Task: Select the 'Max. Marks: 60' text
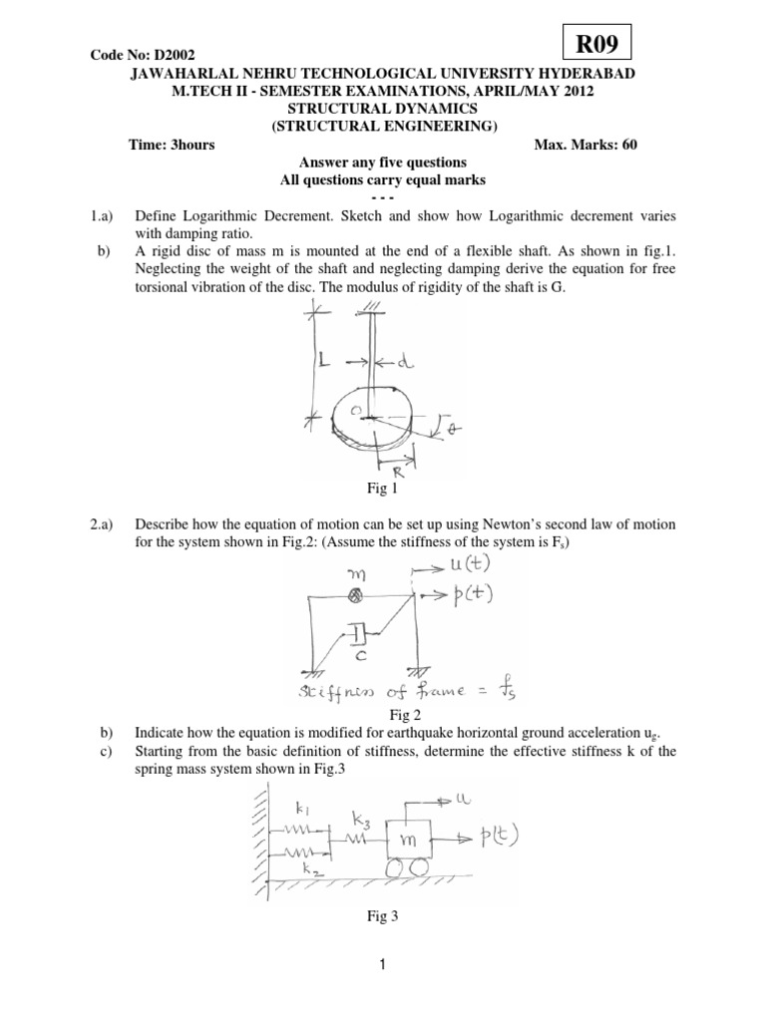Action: pyautogui.click(x=585, y=145)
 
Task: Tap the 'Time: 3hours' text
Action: pyautogui.click(x=172, y=145)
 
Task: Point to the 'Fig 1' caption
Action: pyautogui.click(x=383, y=488)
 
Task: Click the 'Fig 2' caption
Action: pyautogui.click(x=383, y=715)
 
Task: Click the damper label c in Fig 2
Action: pyautogui.click(x=357, y=654)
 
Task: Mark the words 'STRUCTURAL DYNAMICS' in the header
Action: pyautogui.click(x=383, y=107)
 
